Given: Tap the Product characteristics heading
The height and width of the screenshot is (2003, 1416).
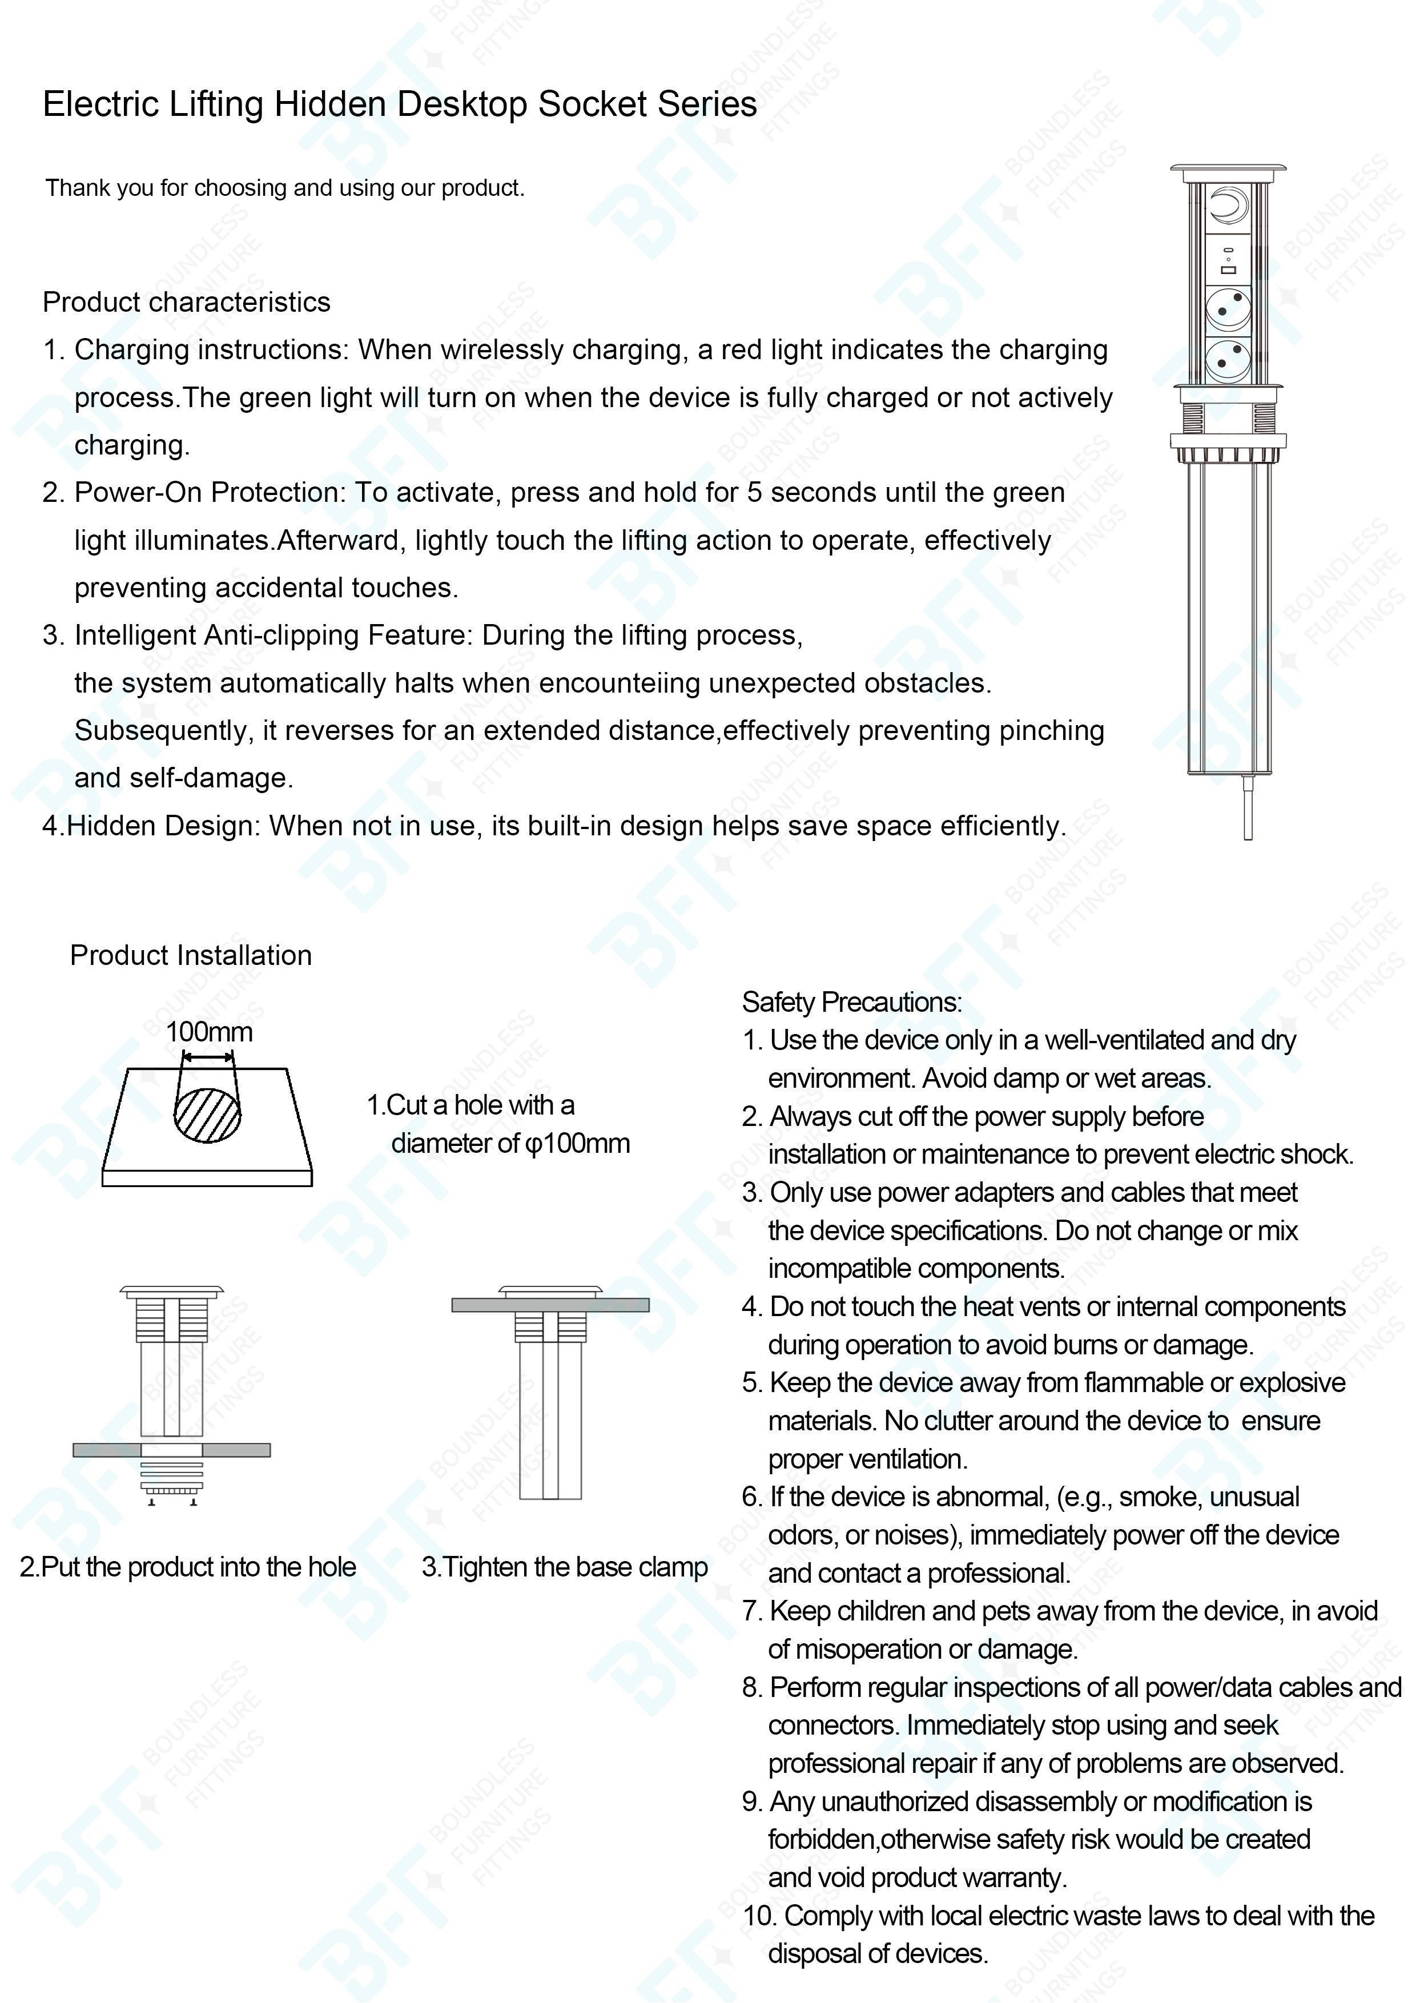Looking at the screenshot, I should pos(186,302).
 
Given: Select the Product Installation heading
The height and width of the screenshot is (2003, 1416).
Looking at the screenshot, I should pos(190,955).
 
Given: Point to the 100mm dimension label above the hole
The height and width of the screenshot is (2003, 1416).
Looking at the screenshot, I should pos(210,1032).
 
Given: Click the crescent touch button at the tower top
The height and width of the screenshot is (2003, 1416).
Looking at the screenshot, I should pos(1228,208).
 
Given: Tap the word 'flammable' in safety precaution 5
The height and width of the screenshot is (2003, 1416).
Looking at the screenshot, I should pos(1143,1383).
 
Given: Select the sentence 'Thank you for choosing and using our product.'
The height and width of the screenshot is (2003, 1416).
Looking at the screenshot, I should pos(285,188).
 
